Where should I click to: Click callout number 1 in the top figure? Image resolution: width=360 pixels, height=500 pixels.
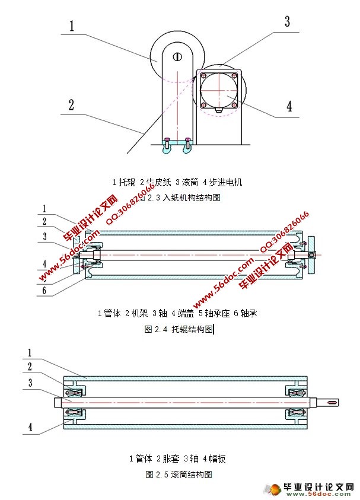(71, 26)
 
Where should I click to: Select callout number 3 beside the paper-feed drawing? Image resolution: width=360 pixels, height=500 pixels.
(286, 22)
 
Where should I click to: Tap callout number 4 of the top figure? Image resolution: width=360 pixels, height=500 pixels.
(289, 106)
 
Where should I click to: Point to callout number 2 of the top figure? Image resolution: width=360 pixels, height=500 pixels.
(71, 105)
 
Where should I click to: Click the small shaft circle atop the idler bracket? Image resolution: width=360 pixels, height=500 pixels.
(177, 56)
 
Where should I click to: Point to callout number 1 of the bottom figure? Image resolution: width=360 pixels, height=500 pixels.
(30, 352)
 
